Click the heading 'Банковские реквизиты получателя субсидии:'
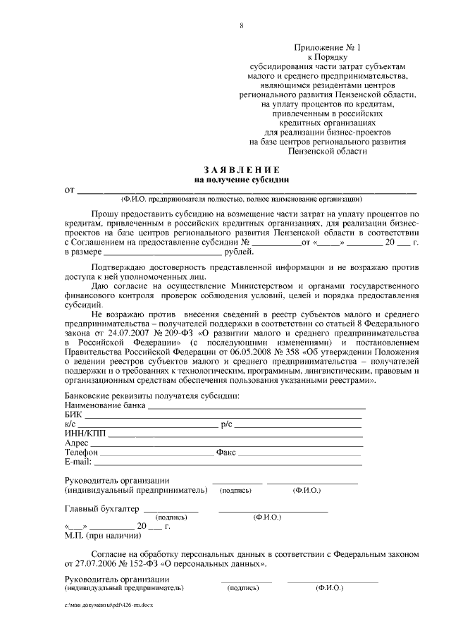(x=152, y=396)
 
